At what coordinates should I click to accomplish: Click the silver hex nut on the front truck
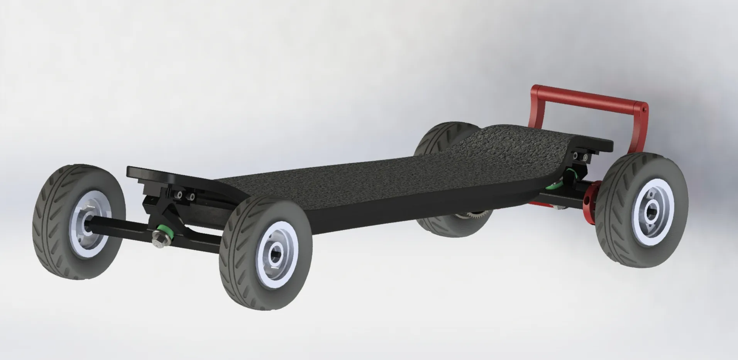point(157,234)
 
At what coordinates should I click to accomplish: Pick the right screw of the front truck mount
point(191,197)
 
